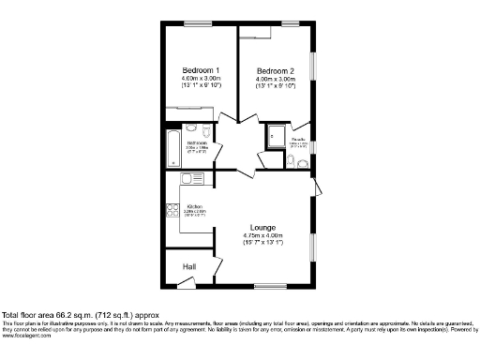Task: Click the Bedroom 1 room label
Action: (x=201, y=70)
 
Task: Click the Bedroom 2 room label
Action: (x=276, y=70)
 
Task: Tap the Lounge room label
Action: (x=262, y=226)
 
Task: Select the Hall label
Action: (x=188, y=267)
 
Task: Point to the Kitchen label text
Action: (x=195, y=206)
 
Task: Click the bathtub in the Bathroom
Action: (x=173, y=147)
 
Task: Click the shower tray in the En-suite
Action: (x=276, y=136)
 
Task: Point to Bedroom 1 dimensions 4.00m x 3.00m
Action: (x=201, y=79)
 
